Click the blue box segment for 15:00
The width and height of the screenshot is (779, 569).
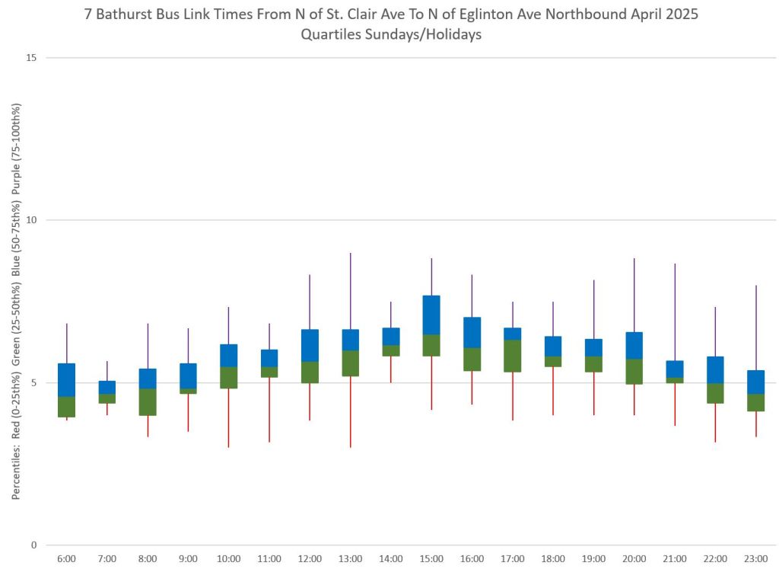pyautogui.click(x=431, y=315)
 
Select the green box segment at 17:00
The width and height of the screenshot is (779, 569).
pyautogui.click(x=512, y=356)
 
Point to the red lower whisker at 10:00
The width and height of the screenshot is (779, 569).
pyautogui.click(x=228, y=417)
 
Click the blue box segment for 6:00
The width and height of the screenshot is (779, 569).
pyautogui.click(x=67, y=380)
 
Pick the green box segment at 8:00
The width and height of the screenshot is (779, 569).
pyautogui.click(x=148, y=402)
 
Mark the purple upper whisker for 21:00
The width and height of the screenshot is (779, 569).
pyautogui.click(x=675, y=312)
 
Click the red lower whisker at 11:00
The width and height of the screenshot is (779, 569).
pyautogui.click(x=269, y=410)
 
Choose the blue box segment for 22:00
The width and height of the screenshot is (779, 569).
pyautogui.click(x=715, y=370)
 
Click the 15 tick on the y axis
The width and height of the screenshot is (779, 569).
pyautogui.click(x=31, y=58)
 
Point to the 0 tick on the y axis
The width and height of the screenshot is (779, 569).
pyautogui.click(x=33, y=545)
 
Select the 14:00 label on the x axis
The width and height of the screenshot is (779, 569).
pyautogui.click(x=390, y=559)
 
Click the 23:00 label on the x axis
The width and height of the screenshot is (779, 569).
pyautogui.click(x=755, y=559)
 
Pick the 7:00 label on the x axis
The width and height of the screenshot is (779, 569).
pyautogui.click(x=107, y=559)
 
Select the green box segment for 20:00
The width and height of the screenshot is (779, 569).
pyautogui.click(x=634, y=372)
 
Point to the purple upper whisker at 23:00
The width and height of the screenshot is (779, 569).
pyautogui.click(x=755, y=328)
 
